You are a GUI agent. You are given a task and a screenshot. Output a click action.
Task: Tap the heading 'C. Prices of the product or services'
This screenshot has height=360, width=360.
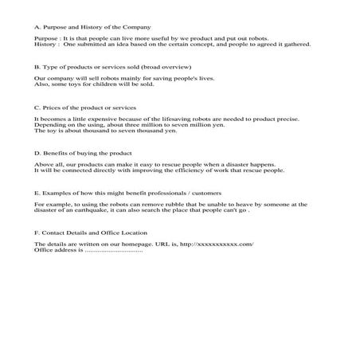tap(85, 106)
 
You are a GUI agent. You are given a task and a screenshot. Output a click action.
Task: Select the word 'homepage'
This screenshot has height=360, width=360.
tap(147, 243)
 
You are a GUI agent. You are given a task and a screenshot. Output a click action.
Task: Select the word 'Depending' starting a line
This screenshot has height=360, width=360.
tap(49, 125)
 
